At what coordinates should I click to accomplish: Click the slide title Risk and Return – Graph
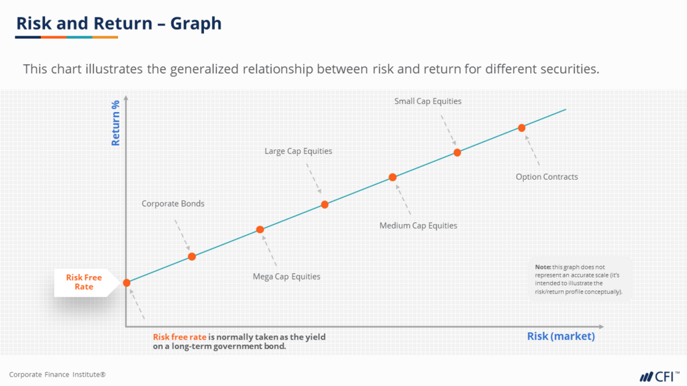119,24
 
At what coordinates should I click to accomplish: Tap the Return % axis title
115,123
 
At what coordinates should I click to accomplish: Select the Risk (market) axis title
561,336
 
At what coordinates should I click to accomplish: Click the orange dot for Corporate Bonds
192,256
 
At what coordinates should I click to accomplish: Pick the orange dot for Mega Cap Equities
260,230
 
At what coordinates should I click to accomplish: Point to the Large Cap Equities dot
325,204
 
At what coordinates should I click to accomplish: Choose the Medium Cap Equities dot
392,178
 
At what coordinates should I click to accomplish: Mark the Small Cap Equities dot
457,152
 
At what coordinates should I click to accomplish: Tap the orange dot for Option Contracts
521,127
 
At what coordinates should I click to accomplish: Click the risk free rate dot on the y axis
126,283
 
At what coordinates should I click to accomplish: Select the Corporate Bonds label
172,203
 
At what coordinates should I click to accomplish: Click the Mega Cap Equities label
286,276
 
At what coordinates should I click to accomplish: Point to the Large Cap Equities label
298,151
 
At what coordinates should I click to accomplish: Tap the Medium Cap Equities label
418,225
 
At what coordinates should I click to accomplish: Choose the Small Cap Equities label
427,101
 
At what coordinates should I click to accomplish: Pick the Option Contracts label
546,177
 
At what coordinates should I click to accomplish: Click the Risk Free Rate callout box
84,282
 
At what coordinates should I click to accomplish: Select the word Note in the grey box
543,267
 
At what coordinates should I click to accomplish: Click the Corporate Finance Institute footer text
57,375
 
